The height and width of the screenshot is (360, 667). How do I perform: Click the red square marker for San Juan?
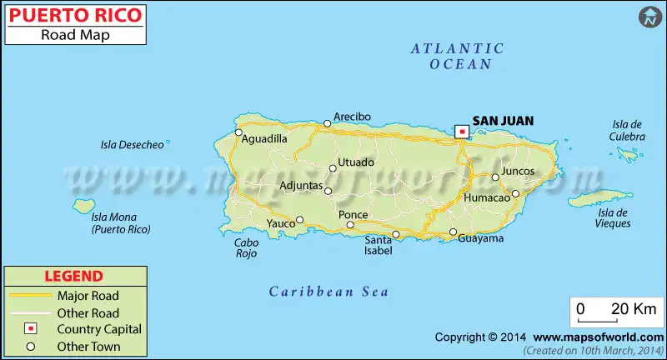click(x=461, y=131)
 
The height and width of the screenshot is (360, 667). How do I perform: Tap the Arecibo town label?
click(x=352, y=117)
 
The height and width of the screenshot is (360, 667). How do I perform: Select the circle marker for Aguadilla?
click(x=238, y=132)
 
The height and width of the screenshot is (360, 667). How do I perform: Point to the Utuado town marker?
click(x=333, y=168)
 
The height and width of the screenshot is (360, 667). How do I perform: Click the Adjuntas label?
click(x=300, y=184)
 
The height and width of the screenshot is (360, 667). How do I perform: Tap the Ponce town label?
click(x=353, y=214)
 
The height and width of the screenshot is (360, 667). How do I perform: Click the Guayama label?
click(x=481, y=238)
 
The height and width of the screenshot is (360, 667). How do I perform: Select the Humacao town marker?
click(x=515, y=193)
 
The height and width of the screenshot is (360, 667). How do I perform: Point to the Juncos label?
click(x=518, y=171)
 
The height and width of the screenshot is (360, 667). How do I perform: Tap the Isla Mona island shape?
click(x=83, y=205)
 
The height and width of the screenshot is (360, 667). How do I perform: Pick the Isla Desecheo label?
click(x=132, y=145)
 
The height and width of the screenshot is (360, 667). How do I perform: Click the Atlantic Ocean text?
click(x=457, y=56)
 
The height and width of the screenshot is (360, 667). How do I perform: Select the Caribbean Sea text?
click(x=329, y=292)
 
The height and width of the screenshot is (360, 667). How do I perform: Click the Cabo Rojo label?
click(x=247, y=248)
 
